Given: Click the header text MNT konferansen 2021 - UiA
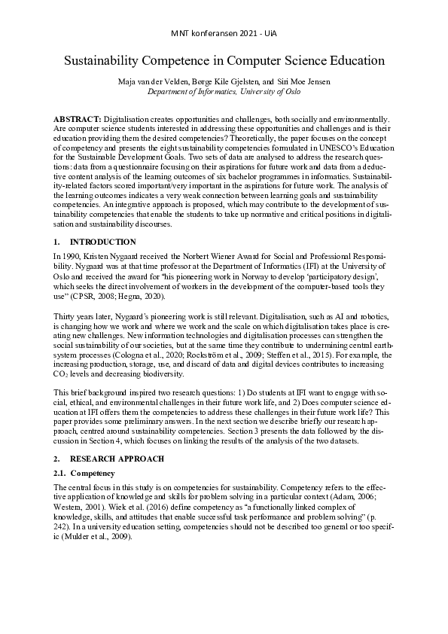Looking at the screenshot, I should coord(224,33).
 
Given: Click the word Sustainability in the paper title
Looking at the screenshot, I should coord(102,60).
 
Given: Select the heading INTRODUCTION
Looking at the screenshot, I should coord(102,242).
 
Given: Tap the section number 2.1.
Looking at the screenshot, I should coord(59,473).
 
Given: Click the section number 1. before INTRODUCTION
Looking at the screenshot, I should coord(56,242).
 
